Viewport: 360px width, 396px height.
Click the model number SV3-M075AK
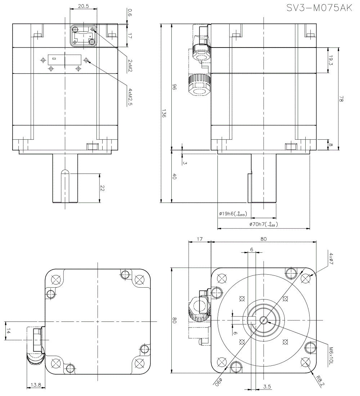coord(319,8)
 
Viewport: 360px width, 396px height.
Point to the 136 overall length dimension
coord(164,114)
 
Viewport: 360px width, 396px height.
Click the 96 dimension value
coord(174,87)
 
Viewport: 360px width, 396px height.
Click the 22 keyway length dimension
coord(102,188)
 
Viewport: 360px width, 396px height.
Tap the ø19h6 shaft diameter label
coord(232,214)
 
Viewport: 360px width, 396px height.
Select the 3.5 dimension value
coord(267,387)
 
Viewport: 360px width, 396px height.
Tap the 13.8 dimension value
coord(36,385)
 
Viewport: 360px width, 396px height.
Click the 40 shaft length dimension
coord(174,177)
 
